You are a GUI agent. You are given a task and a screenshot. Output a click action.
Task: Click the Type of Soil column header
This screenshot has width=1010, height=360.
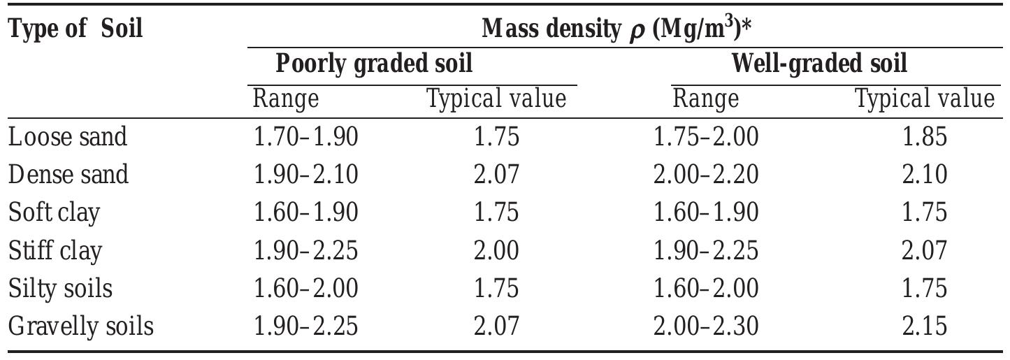tap(75, 29)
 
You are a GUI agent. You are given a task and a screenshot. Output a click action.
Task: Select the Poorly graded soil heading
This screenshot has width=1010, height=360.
tap(374, 64)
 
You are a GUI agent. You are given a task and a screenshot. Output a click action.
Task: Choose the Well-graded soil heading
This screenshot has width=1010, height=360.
tap(819, 64)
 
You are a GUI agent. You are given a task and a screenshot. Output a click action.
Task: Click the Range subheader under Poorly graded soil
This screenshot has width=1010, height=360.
tap(285, 99)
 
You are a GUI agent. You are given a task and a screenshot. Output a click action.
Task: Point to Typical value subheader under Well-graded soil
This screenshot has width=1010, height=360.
tap(925, 99)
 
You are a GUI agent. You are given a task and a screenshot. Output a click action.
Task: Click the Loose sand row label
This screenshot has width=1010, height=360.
tap(68, 136)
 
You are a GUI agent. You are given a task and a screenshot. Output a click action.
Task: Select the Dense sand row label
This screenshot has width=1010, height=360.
tap(68, 174)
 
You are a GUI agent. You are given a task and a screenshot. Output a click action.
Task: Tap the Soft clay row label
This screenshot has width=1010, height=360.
tap(54, 212)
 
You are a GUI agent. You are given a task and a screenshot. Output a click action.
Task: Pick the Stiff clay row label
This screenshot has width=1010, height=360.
tap(55, 250)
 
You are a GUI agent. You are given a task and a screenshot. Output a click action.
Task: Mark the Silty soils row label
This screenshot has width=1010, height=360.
tap(60, 288)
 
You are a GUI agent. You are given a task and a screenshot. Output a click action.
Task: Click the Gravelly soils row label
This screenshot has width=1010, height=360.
tap(80, 326)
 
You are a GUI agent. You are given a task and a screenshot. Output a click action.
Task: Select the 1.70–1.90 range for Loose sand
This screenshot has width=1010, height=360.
tap(306, 136)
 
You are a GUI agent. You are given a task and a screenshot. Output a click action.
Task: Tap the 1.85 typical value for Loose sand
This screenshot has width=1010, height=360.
tap(925, 136)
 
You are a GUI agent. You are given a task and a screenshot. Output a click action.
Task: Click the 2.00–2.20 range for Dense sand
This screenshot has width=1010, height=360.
tap(706, 174)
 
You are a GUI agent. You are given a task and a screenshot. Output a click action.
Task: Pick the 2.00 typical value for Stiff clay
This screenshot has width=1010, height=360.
tap(496, 250)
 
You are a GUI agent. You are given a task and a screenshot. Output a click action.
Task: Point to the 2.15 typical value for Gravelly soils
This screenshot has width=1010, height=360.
tap(925, 326)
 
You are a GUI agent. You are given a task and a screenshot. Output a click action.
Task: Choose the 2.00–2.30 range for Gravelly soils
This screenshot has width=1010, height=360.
tap(706, 326)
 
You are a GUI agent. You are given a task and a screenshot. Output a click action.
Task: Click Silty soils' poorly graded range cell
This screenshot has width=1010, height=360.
tap(306, 288)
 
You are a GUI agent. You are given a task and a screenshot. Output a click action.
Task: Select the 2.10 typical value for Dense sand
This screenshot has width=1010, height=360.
tap(925, 174)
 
